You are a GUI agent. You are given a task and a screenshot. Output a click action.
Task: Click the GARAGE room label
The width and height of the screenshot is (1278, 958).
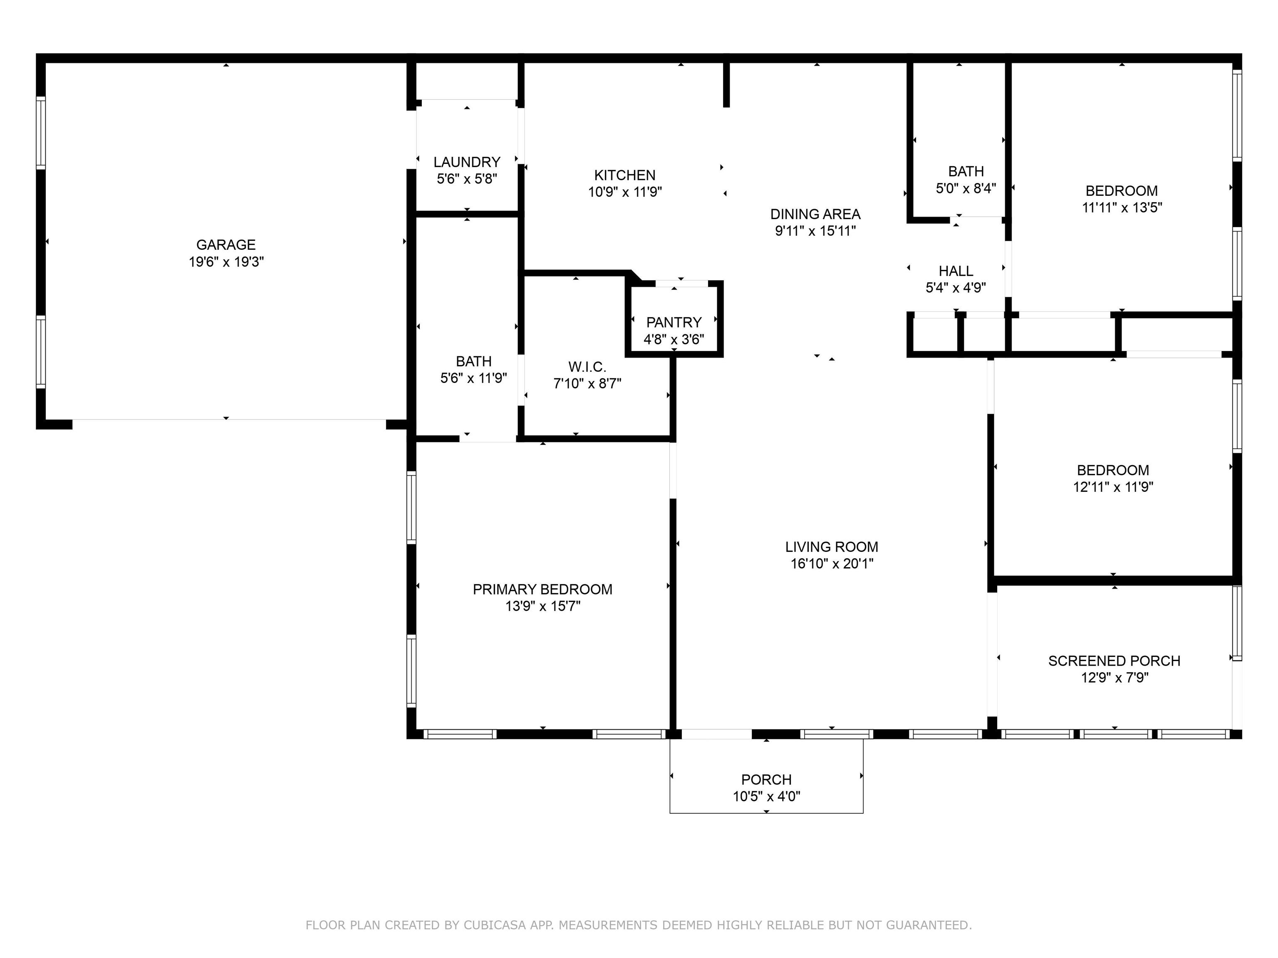coord(226,245)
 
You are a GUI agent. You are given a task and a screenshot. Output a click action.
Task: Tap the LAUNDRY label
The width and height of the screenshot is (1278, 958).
coord(467,162)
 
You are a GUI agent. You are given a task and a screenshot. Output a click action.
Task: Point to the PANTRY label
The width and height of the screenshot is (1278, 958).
coord(674,322)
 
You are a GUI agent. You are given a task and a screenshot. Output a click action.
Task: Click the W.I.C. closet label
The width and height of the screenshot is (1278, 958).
coord(587,367)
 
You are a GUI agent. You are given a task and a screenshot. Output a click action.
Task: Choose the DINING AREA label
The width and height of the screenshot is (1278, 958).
coord(815,214)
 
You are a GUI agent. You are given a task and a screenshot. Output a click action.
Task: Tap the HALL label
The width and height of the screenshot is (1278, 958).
coord(956,271)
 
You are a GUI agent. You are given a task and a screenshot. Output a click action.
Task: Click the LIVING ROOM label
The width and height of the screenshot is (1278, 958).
coord(831,547)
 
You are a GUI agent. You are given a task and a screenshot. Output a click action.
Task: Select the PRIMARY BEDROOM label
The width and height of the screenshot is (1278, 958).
coord(542,590)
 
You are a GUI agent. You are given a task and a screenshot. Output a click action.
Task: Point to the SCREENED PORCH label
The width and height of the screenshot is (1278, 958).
coord(1114,661)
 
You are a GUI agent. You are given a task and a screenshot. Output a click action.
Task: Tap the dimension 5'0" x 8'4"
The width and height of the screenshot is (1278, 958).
coord(966,188)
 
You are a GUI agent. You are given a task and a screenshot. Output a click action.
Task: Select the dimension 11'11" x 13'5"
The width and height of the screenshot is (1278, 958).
coord(1122,208)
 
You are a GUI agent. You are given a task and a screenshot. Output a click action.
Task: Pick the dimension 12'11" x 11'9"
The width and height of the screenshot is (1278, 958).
coord(1113,487)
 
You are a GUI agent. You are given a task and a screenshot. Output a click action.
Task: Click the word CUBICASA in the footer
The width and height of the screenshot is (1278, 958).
coord(495,925)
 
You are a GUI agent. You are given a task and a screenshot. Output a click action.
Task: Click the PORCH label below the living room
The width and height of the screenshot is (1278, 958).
coord(766,780)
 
